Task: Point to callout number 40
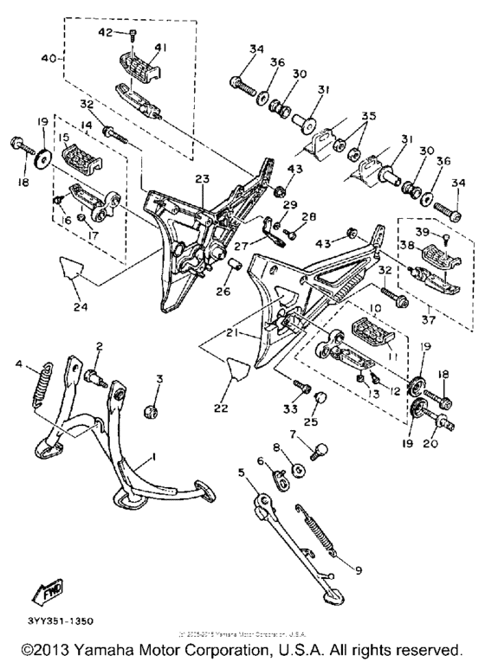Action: pos(49,60)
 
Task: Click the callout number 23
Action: pos(202,179)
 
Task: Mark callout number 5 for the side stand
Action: pos(241,473)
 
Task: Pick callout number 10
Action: pos(346,308)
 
